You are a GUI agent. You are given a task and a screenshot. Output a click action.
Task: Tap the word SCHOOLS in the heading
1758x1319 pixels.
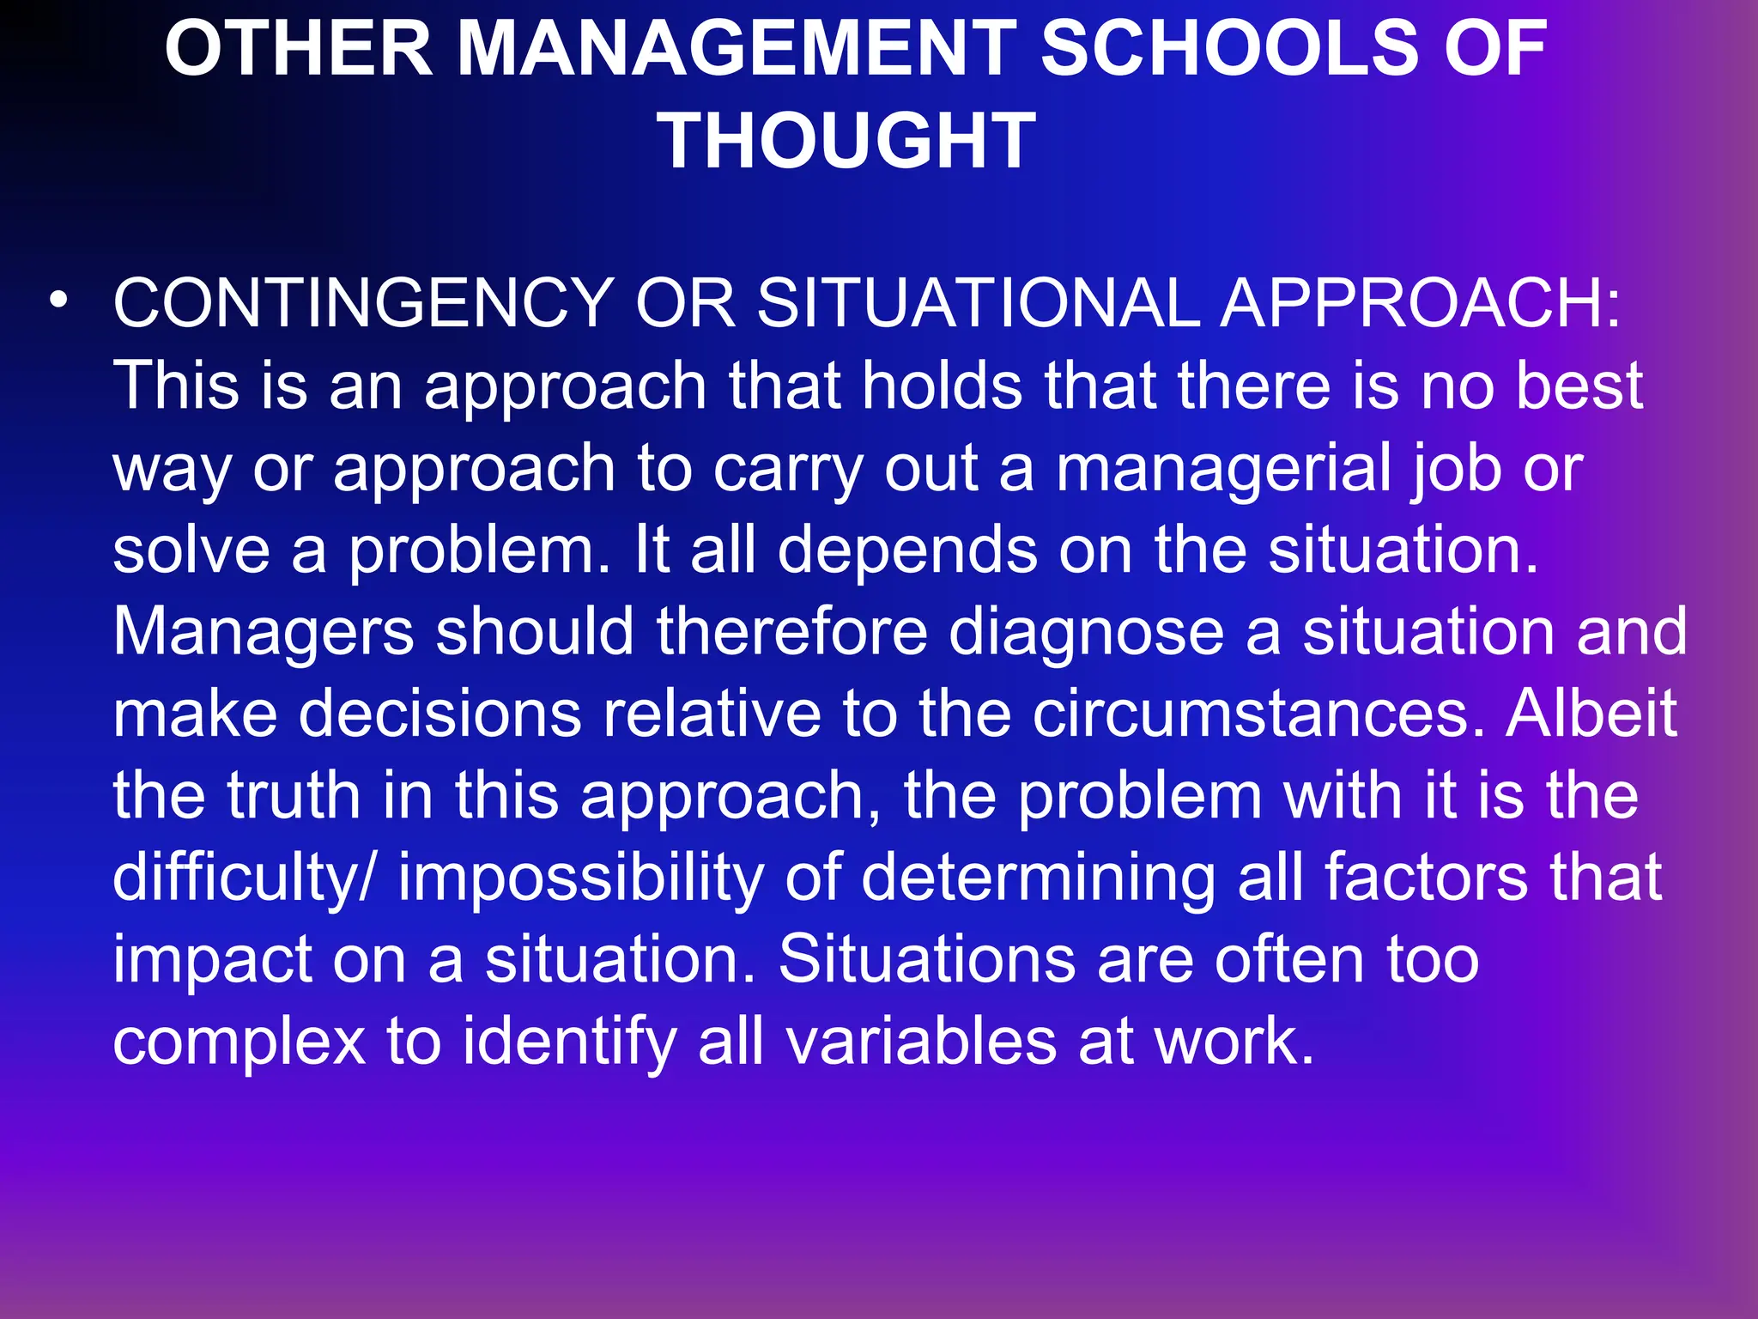point(1228,49)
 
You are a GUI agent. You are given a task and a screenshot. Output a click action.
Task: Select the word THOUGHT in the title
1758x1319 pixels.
point(847,141)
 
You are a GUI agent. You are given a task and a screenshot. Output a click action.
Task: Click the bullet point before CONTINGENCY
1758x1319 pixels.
point(58,301)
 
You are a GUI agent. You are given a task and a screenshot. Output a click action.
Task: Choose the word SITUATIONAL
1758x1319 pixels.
point(978,303)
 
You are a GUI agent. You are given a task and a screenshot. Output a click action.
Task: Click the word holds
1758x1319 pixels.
point(942,386)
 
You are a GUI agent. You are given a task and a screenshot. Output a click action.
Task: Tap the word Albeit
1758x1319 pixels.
point(1591,713)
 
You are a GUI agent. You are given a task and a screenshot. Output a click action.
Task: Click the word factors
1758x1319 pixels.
point(1425,877)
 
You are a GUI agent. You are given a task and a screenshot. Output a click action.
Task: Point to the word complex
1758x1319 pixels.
point(239,1042)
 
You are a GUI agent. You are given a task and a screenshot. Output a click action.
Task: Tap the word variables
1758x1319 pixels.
point(920,1041)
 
